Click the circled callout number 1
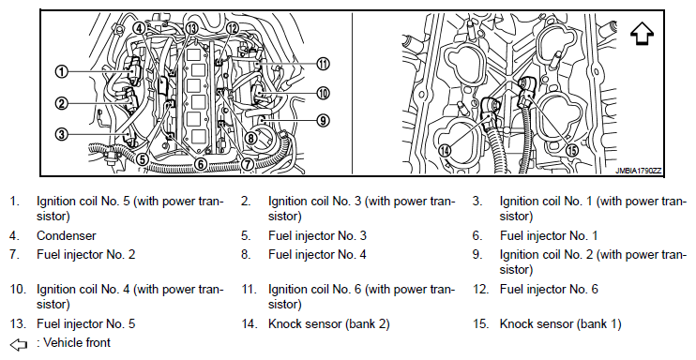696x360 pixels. pyautogui.click(x=62, y=71)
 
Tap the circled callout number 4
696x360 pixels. pyautogui.click(x=139, y=28)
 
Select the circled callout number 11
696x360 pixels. pyautogui.click(x=323, y=64)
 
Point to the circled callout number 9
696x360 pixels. pyautogui.click(x=323, y=120)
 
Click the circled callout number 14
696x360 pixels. pyautogui.click(x=445, y=150)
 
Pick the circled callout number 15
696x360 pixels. pyautogui.click(x=573, y=150)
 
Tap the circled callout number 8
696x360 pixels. pyautogui.click(x=251, y=138)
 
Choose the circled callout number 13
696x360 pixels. pyautogui.click(x=191, y=28)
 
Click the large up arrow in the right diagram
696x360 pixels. pyautogui.click(x=642, y=34)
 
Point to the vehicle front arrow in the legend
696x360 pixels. pyautogui.click(x=18, y=344)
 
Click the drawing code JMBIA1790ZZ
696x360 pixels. pyautogui.click(x=638, y=171)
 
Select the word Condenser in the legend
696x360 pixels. pyautogui.click(x=67, y=235)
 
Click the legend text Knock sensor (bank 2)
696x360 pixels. pyautogui.click(x=329, y=324)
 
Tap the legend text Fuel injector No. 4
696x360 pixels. pyautogui.click(x=317, y=255)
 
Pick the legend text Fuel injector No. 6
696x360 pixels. pyautogui.click(x=549, y=290)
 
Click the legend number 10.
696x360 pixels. pyautogui.click(x=18, y=290)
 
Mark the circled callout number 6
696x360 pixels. pyautogui.click(x=201, y=164)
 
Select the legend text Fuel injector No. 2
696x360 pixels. pyautogui.click(x=85, y=255)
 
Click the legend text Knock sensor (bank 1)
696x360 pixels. pyautogui.click(x=561, y=324)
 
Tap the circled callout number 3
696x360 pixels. pyautogui.click(x=62, y=133)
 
